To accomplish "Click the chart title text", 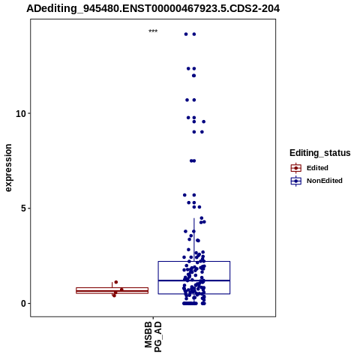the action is tap(153, 9).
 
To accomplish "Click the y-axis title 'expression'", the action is tap(8, 168).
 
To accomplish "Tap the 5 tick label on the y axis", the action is tap(23, 208).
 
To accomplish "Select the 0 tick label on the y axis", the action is tap(23, 304).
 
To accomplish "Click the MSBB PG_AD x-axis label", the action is tap(153, 337).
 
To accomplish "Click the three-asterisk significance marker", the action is tap(153, 31).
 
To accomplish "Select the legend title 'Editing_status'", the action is tap(320, 153).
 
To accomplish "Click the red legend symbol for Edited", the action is tap(296, 168).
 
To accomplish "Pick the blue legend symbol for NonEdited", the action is tap(296, 181).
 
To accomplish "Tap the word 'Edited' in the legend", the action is tap(317, 168).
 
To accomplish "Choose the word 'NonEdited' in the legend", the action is tap(325, 181).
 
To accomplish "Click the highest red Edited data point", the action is tap(116, 282).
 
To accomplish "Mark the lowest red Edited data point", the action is tap(114, 295).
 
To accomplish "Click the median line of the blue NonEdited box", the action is tap(194, 280).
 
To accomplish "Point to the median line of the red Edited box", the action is tap(112, 291).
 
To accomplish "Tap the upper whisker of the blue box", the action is tap(194, 240).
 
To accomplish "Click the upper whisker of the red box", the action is tap(112, 285).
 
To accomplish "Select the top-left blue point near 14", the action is tap(186, 34).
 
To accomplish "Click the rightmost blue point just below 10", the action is tap(204, 121).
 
